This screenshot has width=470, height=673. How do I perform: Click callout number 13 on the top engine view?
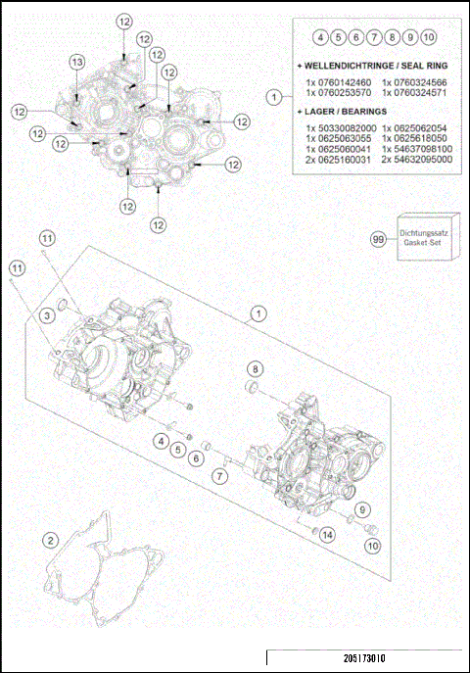[x=76, y=62]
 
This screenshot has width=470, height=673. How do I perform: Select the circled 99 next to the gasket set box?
[x=377, y=238]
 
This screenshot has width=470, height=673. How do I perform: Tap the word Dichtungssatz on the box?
[x=423, y=234]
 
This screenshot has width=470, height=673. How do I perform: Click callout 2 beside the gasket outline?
[x=50, y=540]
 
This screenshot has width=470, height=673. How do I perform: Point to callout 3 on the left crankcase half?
[x=46, y=314]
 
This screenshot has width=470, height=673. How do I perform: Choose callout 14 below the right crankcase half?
[x=326, y=534]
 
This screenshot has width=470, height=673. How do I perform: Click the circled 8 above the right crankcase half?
[x=255, y=368]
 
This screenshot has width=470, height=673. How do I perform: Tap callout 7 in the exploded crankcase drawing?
[x=221, y=476]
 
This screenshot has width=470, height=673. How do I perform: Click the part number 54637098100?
[x=418, y=148]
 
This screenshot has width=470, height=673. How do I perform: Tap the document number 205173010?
[x=364, y=660]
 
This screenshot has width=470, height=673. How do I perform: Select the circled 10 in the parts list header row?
[x=429, y=38]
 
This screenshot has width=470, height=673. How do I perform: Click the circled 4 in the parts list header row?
[x=320, y=38]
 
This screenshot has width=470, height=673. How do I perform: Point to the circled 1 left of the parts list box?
[x=275, y=97]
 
